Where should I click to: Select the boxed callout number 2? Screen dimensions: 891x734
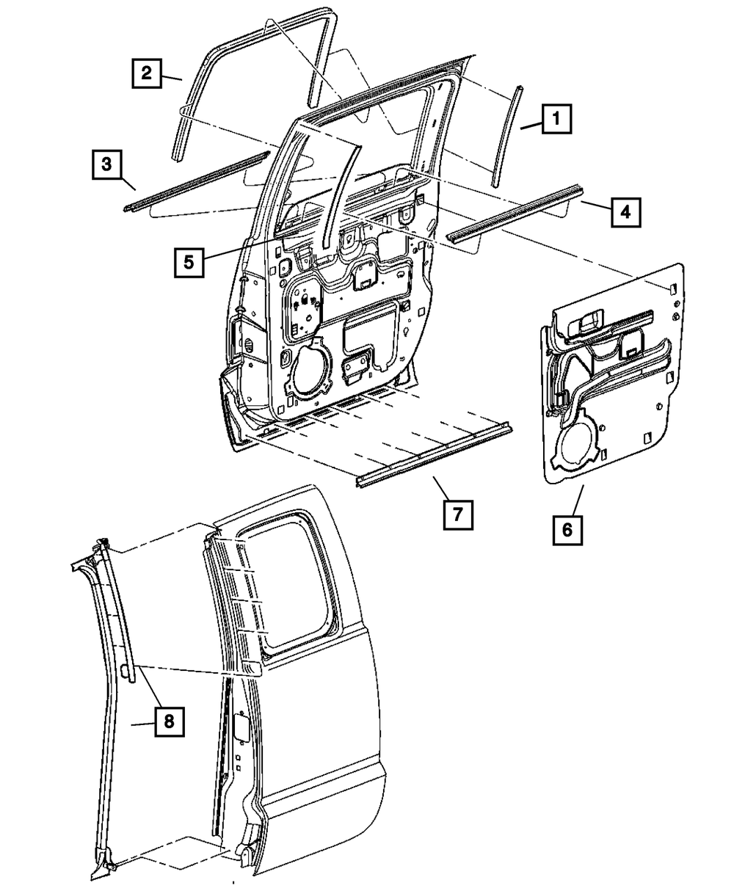(146, 73)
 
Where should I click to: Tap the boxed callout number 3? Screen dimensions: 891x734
(106, 164)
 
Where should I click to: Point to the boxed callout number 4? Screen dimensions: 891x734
(624, 211)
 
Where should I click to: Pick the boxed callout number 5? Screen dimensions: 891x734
(189, 262)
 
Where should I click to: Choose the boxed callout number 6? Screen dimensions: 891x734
(568, 528)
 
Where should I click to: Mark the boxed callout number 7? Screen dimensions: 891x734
(456, 514)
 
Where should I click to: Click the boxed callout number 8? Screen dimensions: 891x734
(168, 722)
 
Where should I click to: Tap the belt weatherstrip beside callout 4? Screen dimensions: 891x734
(514, 217)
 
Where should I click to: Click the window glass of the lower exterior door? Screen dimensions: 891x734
(290, 580)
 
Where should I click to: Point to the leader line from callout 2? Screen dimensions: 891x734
(173, 77)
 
